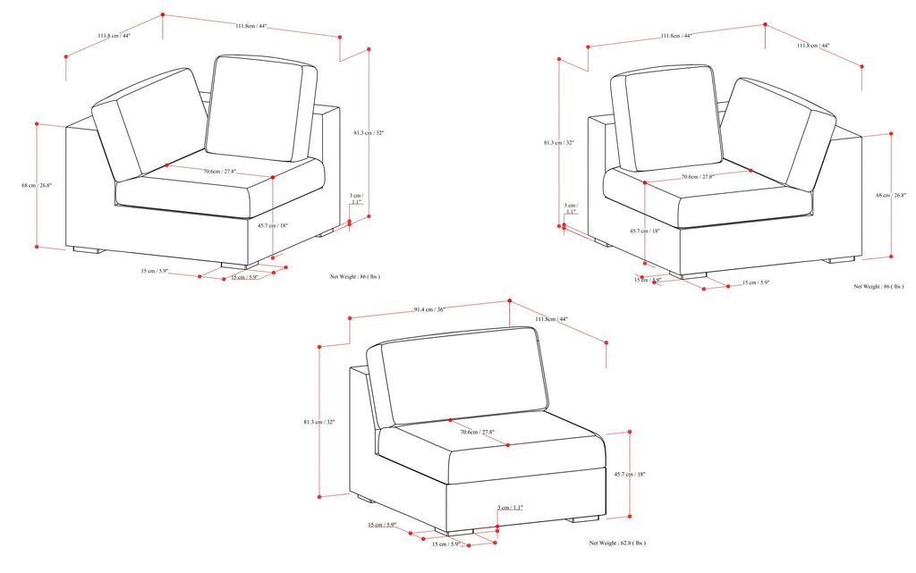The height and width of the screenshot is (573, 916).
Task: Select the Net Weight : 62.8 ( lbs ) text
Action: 617,543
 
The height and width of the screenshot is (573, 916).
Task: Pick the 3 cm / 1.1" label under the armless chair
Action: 510,508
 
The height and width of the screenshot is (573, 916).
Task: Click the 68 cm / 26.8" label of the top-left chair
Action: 37,185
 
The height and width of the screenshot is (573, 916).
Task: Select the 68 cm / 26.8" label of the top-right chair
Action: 891,195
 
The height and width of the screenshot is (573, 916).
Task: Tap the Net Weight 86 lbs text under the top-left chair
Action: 355,277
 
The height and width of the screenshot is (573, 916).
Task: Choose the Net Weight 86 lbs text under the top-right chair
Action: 878,287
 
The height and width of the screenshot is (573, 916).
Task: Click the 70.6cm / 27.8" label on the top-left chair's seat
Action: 218,172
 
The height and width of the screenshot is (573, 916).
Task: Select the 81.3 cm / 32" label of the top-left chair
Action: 368,133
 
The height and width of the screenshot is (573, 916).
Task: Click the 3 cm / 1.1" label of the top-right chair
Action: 570,209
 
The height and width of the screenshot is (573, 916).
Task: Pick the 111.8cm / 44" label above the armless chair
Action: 552,319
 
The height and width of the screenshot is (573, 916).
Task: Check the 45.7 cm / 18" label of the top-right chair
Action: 644,231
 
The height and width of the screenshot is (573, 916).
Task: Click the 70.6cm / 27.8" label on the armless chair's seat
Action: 477,433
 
